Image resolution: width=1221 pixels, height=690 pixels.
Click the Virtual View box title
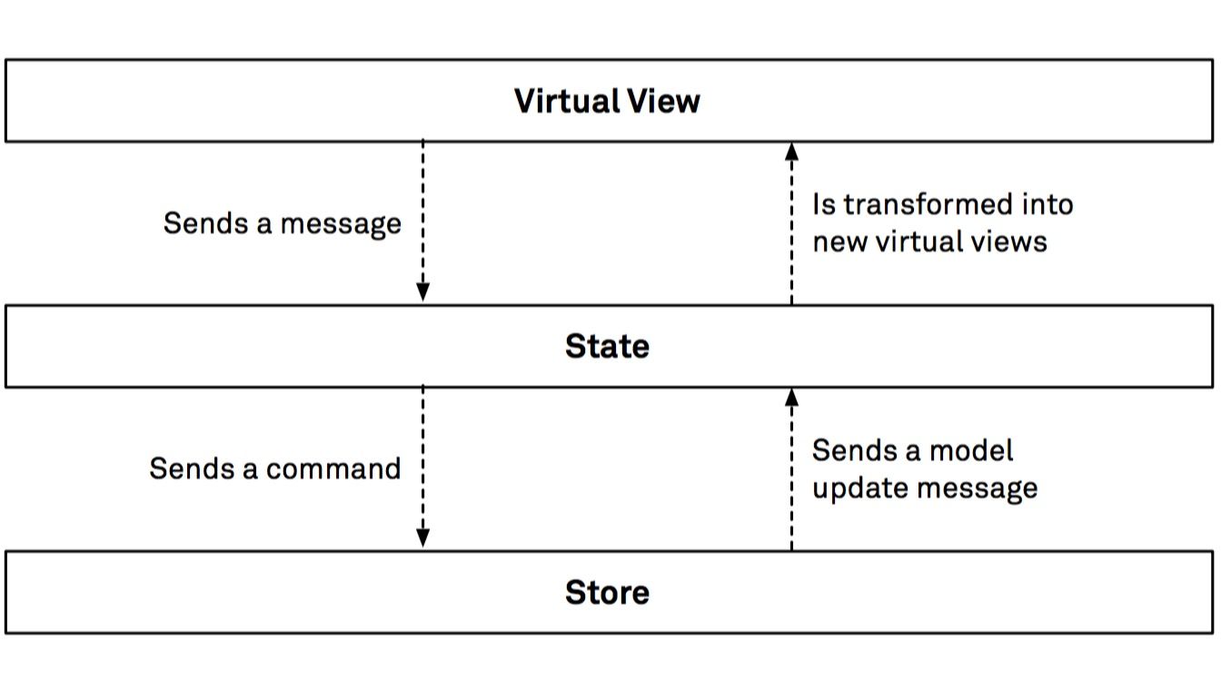(x=607, y=101)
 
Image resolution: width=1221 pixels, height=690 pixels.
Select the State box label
(x=607, y=346)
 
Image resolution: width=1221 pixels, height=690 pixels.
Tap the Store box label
(x=607, y=592)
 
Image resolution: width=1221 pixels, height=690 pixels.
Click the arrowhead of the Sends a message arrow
(x=422, y=291)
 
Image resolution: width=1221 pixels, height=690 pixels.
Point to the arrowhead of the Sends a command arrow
(x=422, y=537)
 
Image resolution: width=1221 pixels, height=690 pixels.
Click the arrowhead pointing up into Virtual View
(x=791, y=153)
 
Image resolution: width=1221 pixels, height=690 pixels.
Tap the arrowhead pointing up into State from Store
(x=791, y=398)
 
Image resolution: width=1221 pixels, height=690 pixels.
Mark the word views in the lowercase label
(x=1010, y=241)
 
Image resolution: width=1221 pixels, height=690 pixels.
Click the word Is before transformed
(x=823, y=204)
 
